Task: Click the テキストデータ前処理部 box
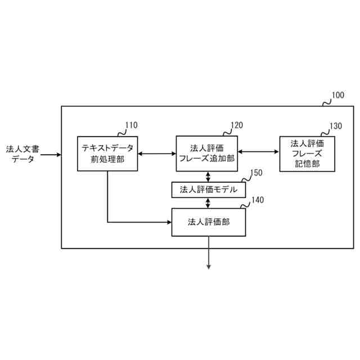[x=107, y=154]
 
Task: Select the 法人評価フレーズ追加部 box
[x=206, y=154]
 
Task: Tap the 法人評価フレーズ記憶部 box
[x=305, y=154]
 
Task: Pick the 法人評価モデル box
[x=209, y=190]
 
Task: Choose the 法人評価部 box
[x=209, y=222]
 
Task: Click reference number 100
[x=337, y=96]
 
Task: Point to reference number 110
[x=130, y=125]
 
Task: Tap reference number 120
[x=236, y=125]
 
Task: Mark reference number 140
[x=256, y=200]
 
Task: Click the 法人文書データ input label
[x=22, y=154]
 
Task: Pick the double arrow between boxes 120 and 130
[x=258, y=151]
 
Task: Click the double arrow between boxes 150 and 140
[x=209, y=202]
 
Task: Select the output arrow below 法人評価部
[x=209, y=253]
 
